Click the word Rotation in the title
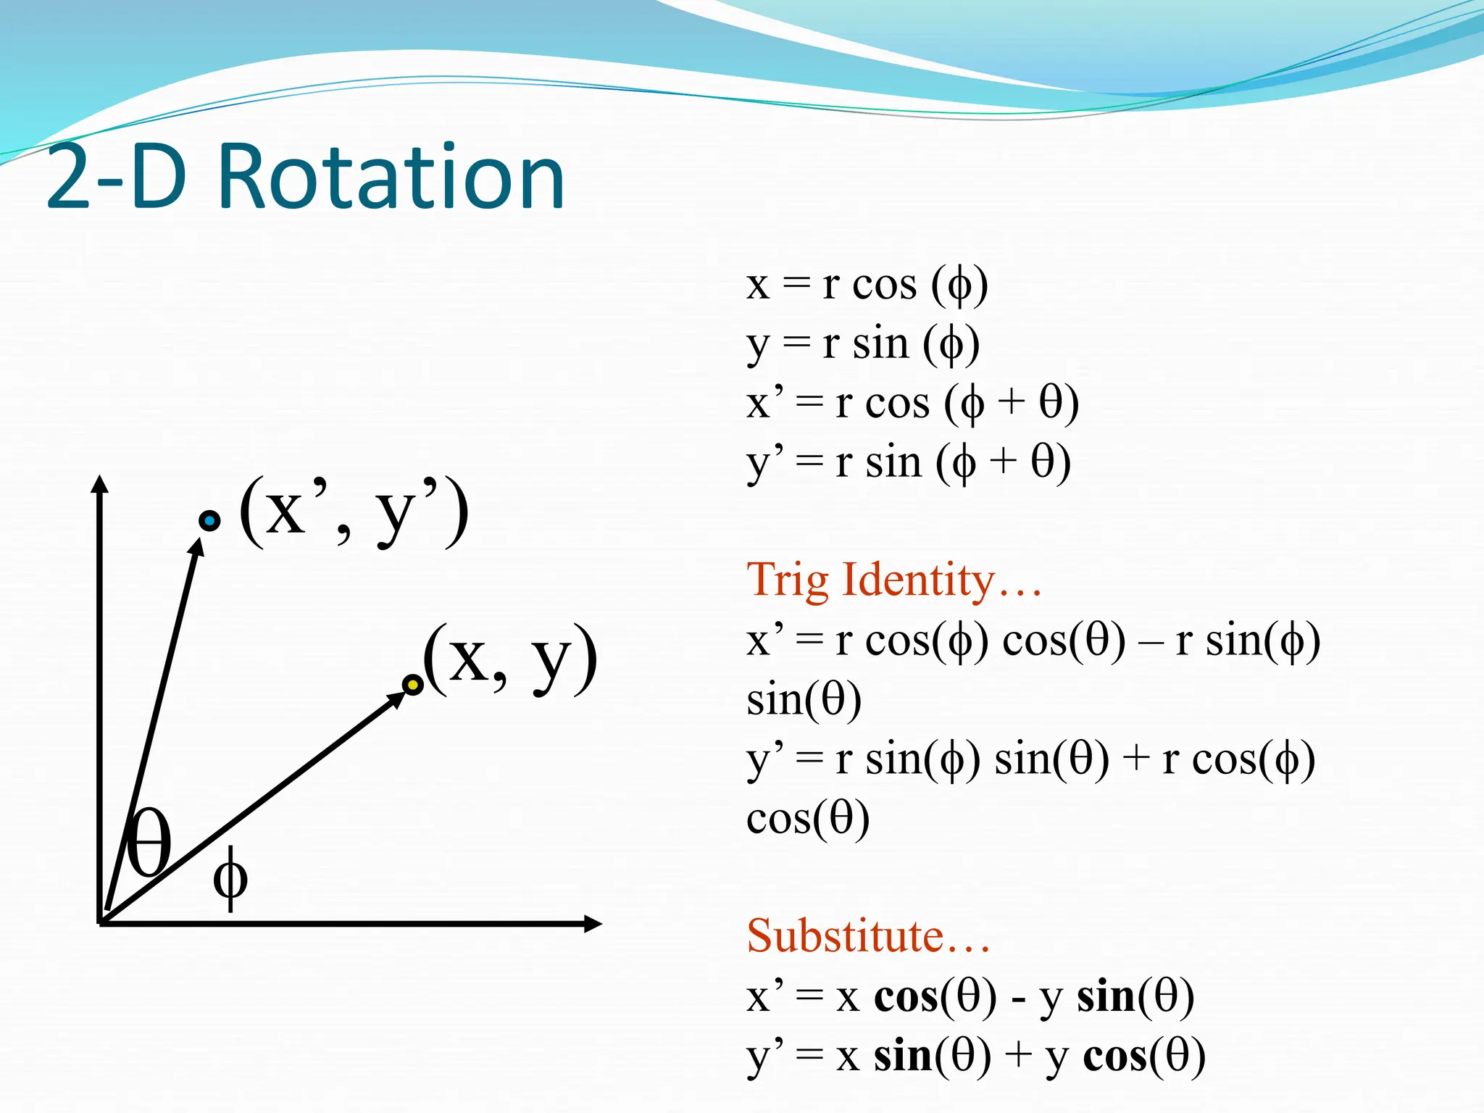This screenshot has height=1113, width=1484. (x=391, y=178)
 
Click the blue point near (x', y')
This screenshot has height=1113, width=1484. (x=209, y=520)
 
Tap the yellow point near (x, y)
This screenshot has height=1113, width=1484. (x=412, y=685)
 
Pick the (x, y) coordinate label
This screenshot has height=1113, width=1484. (x=511, y=659)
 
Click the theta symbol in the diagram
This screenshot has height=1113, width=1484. (x=149, y=842)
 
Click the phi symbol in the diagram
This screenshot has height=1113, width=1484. (x=230, y=878)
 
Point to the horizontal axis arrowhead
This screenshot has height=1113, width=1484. (x=593, y=924)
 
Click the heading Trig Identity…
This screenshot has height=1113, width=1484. (x=894, y=580)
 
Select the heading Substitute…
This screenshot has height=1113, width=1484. (x=868, y=936)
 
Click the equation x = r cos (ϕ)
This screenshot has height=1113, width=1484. (x=867, y=284)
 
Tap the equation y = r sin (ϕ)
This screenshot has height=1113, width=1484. (x=863, y=343)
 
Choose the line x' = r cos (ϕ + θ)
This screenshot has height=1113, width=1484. (x=912, y=403)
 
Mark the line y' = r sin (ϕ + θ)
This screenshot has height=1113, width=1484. (x=909, y=462)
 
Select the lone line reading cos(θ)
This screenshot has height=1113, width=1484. (x=808, y=819)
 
